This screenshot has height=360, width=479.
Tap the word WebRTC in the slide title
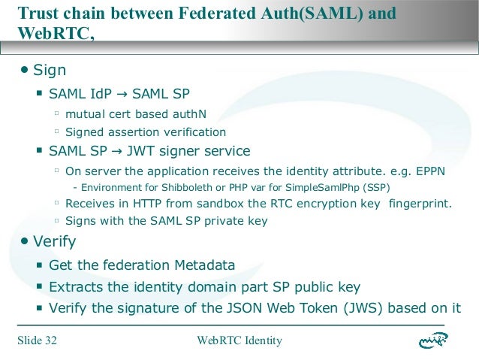(x=52, y=34)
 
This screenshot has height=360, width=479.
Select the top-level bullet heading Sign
(x=50, y=70)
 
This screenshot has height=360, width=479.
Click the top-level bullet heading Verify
(x=54, y=241)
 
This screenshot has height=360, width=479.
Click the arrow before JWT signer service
(x=113, y=150)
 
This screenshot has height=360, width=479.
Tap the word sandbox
(x=215, y=203)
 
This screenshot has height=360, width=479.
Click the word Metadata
(x=205, y=265)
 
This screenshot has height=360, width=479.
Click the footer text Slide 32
(x=38, y=340)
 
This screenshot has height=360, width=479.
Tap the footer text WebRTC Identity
(x=239, y=340)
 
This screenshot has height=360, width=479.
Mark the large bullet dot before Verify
(x=25, y=241)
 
